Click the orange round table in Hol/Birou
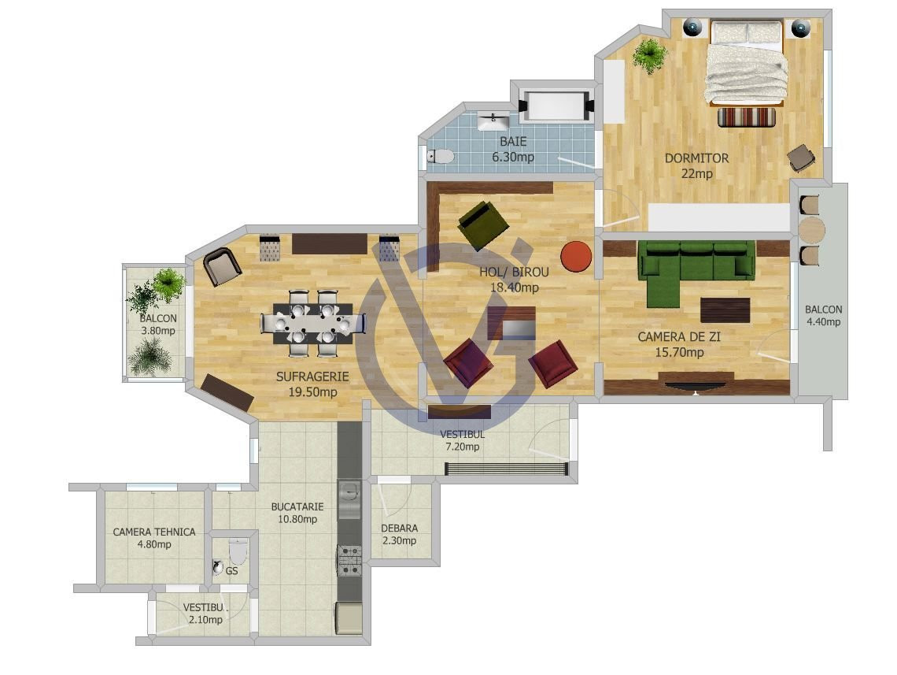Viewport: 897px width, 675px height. pyautogui.click(x=575, y=256)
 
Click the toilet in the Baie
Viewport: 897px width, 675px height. pyautogui.click(x=441, y=156)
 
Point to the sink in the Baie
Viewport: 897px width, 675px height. pyautogui.click(x=493, y=121)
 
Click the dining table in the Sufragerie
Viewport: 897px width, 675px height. pyautogui.click(x=312, y=324)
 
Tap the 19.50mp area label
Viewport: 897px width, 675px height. pyautogui.click(x=312, y=392)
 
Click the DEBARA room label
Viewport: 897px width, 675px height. pyautogui.click(x=399, y=528)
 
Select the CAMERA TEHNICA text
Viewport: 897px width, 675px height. pyautogui.click(x=154, y=532)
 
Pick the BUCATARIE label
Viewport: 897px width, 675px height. pyautogui.click(x=297, y=506)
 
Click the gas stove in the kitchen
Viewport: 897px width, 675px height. pyautogui.click(x=349, y=561)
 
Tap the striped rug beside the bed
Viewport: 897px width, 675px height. pyautogui.click(x=747, y=117)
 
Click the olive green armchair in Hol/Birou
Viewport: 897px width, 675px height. pyautogui.click(x=483, y=225)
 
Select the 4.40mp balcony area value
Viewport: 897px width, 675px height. pyautogui.click(x=823, y=322)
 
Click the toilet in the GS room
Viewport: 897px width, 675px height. pyautogui.click(x=237, y=551)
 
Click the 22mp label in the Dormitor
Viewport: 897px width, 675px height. pyautogui.click(x=697, y=173)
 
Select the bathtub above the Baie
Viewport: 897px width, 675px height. pyautogui.click(x=556, y=106)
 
